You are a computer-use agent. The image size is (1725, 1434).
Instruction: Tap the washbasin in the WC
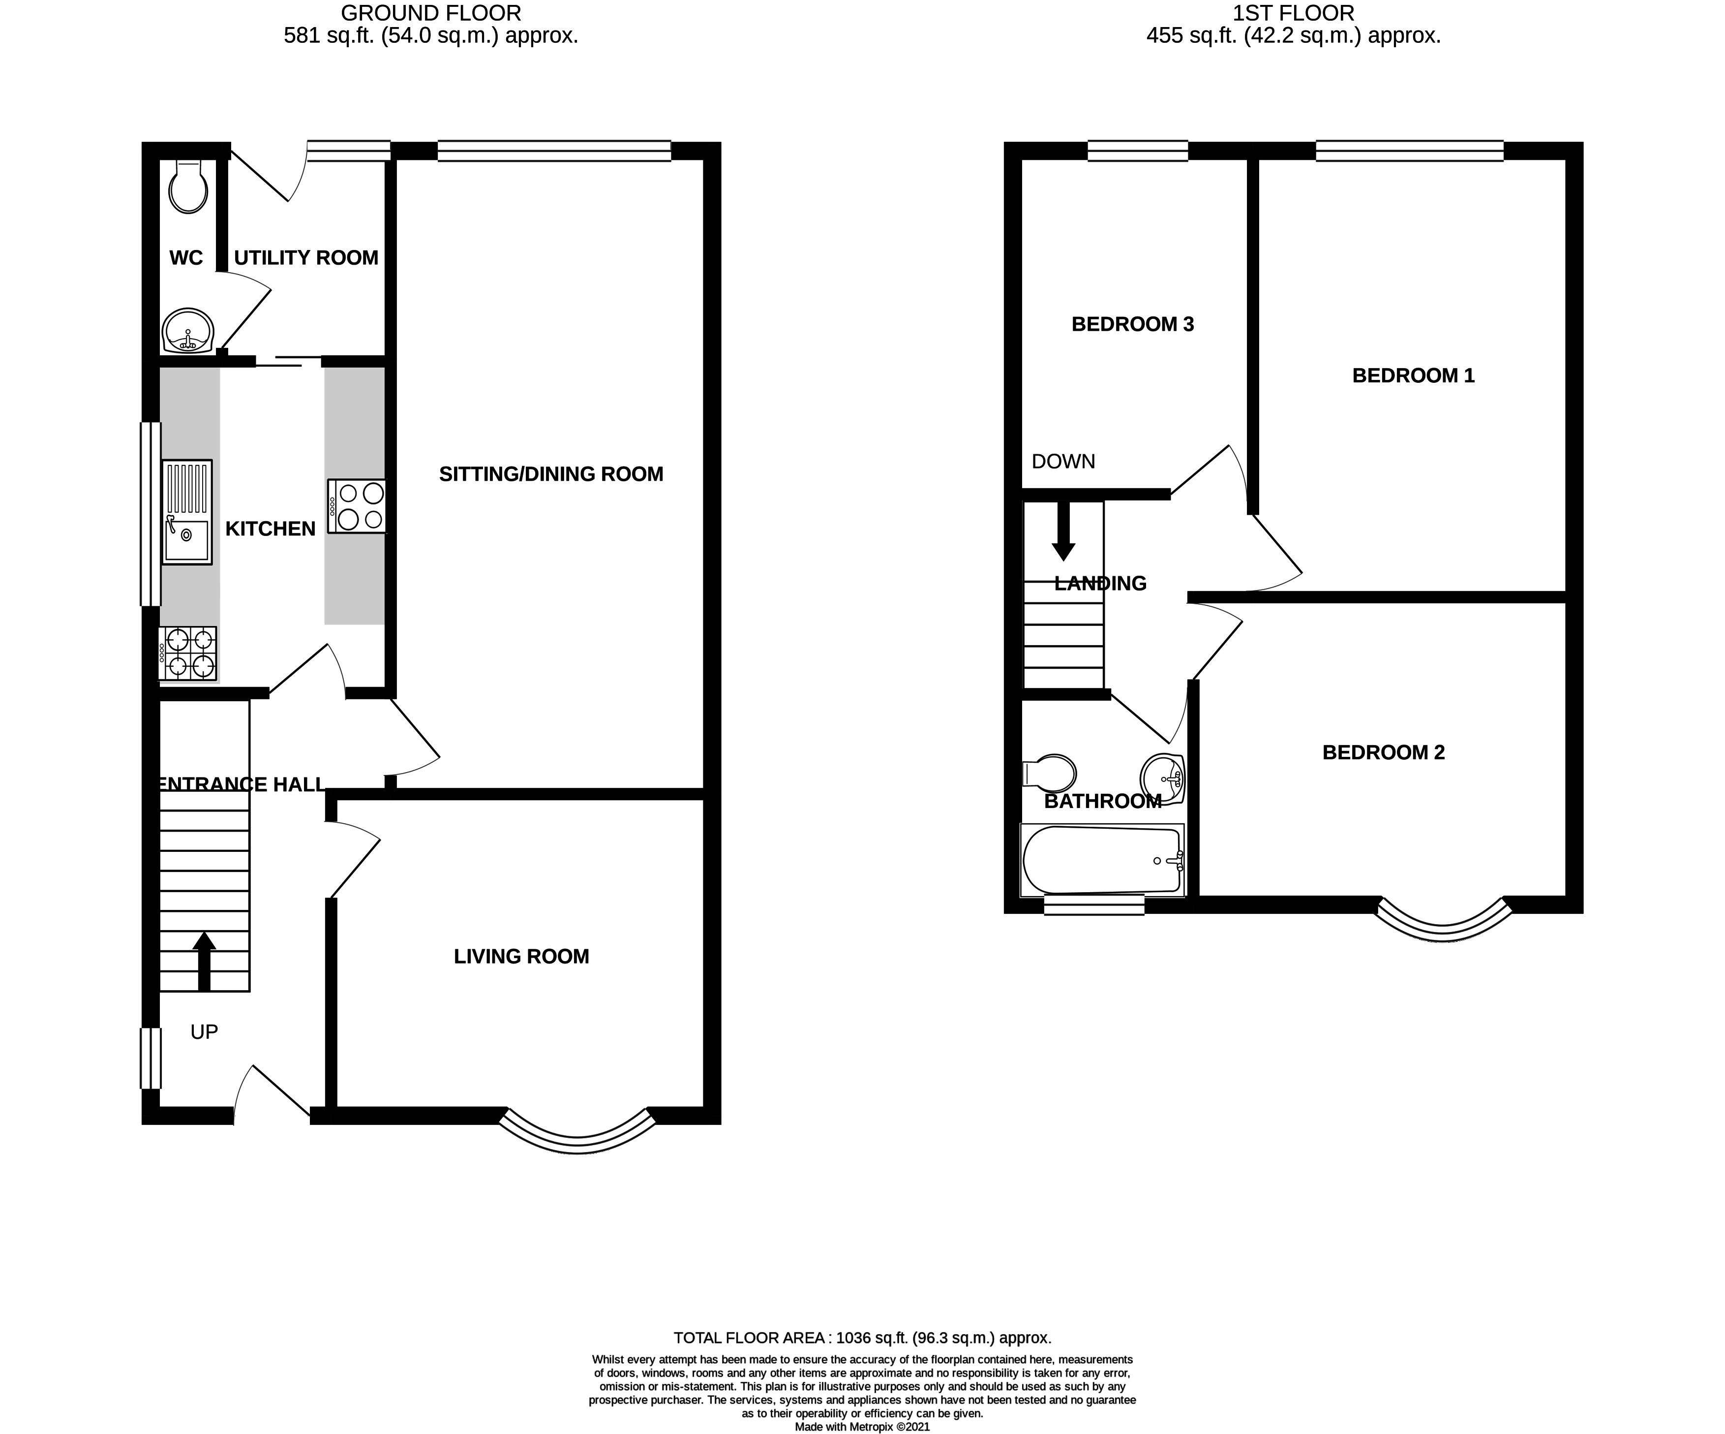(x=188, y=330)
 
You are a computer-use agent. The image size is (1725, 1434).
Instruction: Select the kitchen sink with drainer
(x=187, y=512)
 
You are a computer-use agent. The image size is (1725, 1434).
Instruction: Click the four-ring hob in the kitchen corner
(x=188, y=654)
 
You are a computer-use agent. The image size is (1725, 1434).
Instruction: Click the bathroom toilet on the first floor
(x=1049, y=773)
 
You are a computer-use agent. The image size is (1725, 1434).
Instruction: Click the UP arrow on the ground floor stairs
(x=204, y=962)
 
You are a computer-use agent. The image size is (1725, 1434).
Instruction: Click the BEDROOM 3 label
(x=1133, y=325)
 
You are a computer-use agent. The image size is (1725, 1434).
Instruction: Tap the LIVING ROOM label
(x=521, y=957)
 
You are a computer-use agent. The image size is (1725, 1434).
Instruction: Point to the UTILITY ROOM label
(x=306, y=258)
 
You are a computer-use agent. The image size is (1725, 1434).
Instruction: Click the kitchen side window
(x=151, y=514)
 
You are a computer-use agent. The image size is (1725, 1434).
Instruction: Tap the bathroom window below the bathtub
(x=1094, y=905)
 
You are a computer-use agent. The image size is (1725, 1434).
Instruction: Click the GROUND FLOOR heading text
(x=431, y=13)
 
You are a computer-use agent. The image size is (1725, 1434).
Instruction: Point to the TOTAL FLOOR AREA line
(x=863, y=1338)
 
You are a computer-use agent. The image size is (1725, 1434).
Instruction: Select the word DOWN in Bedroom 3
(x=1064, y=462)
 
